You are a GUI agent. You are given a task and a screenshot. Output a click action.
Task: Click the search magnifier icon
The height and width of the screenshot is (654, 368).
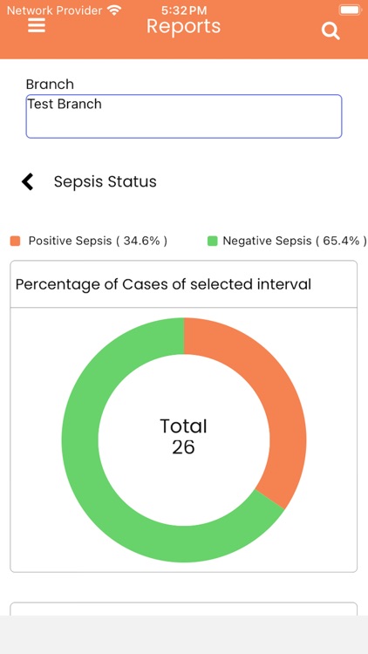[x=331, y=31]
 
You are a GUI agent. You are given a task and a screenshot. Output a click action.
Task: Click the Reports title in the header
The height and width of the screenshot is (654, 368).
[x=183, y=26]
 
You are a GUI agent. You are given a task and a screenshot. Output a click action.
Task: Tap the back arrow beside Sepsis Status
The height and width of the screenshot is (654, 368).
[x=28, y=181]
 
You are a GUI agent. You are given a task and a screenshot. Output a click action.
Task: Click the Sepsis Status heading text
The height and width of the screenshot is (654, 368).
[x=106, y=181]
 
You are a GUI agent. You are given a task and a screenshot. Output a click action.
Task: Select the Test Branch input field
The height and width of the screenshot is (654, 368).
[x=183, y=116]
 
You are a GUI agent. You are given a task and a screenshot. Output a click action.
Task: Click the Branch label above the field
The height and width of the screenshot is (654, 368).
[x=50, y=85]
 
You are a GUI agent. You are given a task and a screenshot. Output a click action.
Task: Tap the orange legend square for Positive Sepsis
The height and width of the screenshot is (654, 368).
[x=15, y=241]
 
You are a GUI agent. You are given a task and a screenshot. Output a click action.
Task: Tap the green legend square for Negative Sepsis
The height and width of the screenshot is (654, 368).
[x=212, y=241]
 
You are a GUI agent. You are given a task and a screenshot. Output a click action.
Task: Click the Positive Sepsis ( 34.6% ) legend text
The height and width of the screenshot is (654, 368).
[x=98, y=241]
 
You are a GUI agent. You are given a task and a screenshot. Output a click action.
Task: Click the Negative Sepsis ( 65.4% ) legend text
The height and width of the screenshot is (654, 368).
[x=294, y=241]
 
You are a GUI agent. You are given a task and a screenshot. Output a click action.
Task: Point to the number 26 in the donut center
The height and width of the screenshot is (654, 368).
[x=183, y=447]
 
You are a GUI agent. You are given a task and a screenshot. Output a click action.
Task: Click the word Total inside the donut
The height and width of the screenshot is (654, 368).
[x=183, y=426]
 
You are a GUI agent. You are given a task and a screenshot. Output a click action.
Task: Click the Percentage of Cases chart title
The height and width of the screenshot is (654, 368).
[x=163, y=284]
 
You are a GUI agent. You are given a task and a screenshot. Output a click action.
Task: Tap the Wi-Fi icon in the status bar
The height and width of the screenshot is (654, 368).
[x=114, y=10]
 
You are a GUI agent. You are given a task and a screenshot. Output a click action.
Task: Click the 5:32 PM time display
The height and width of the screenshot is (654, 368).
[x=183, y=10]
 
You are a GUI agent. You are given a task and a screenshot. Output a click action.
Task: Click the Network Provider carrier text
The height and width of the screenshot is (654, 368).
[x=54, y=10]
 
